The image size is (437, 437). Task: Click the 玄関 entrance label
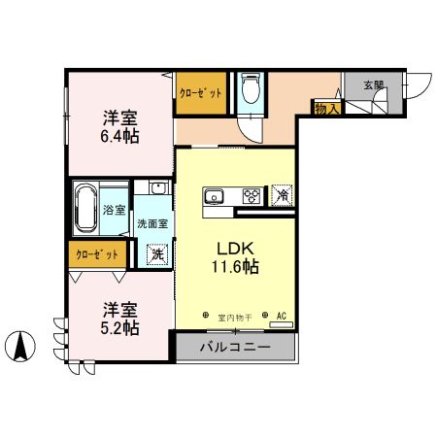[x=374, y=85]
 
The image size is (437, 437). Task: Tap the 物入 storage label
[x=325, y=109]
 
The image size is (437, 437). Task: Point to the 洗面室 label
[x=151, y=222]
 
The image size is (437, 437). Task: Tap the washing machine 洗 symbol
[x=155, y=255]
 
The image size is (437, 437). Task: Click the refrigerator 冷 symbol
[x=282, y=196]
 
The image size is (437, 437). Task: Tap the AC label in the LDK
[x=282, y=316]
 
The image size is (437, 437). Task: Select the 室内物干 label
[x=234, y=317]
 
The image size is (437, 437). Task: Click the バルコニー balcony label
[x=235, y=348]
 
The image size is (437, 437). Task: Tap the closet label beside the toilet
[x=200, y=92]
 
